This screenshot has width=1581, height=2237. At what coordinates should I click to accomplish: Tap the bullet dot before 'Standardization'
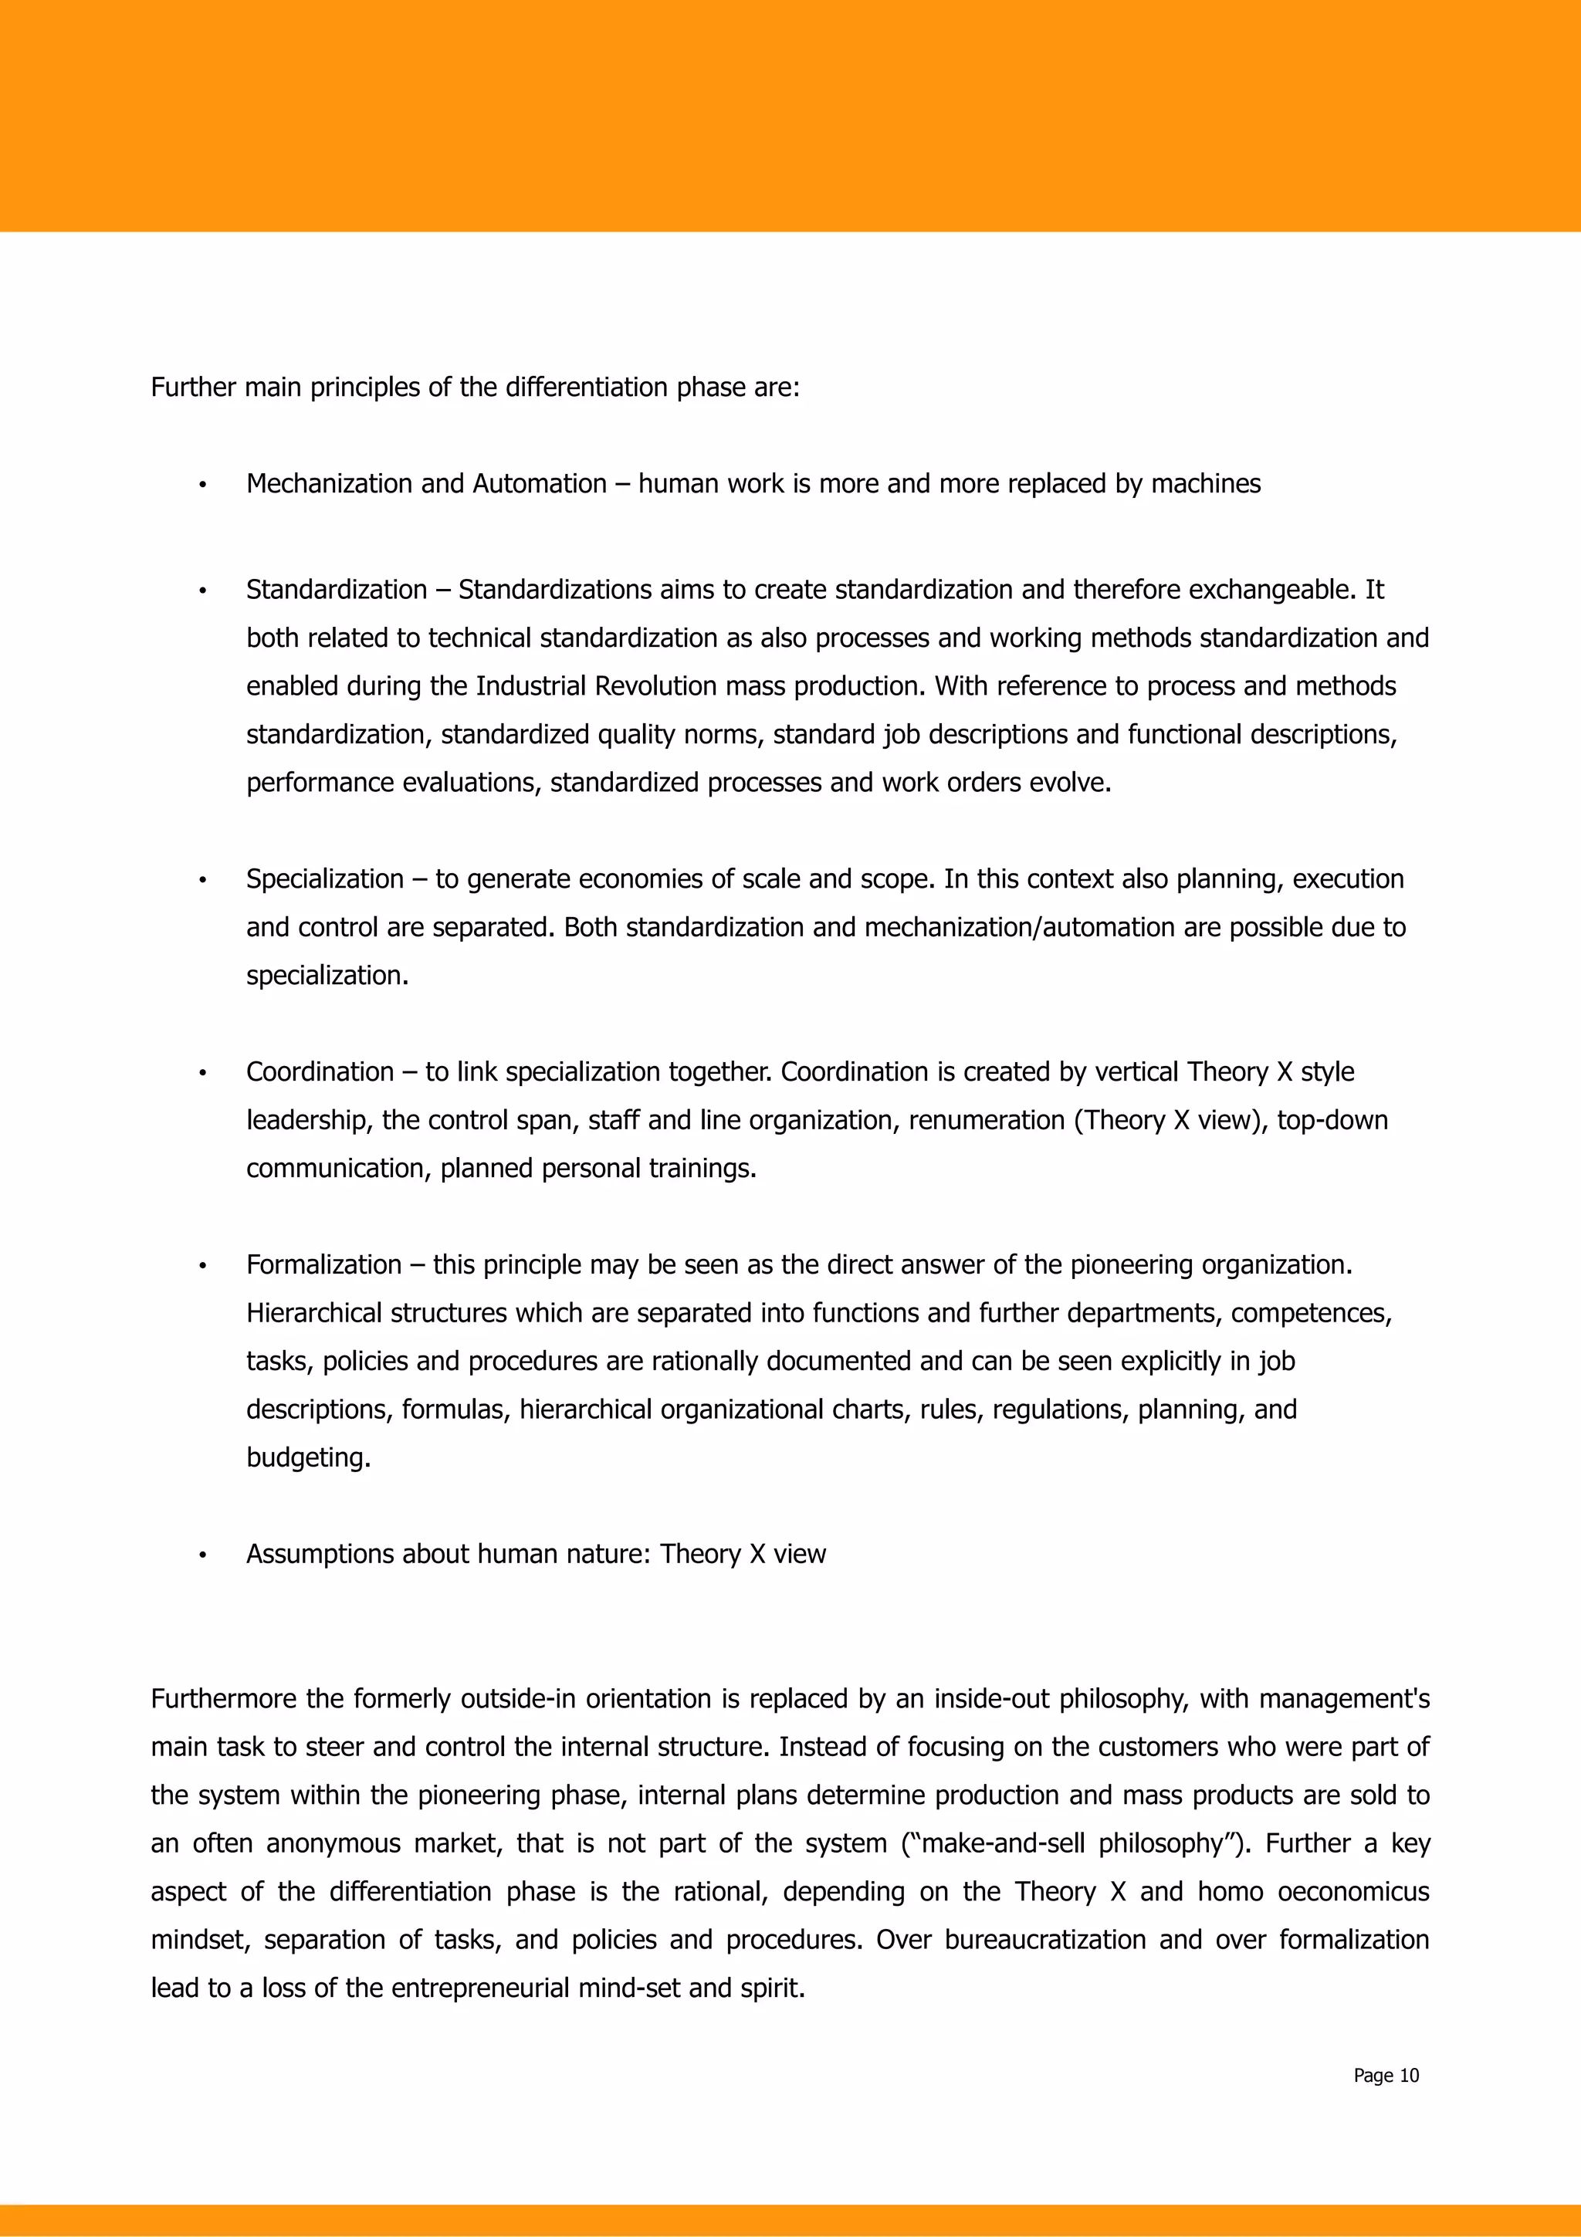tap(202, 591)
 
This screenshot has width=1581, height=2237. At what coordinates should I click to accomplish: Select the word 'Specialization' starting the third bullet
tap(324, 880)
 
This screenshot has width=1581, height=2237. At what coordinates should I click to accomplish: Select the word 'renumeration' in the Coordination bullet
tap(986, 1121)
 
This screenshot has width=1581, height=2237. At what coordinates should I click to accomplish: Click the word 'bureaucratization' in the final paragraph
tap(1044, 1940)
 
